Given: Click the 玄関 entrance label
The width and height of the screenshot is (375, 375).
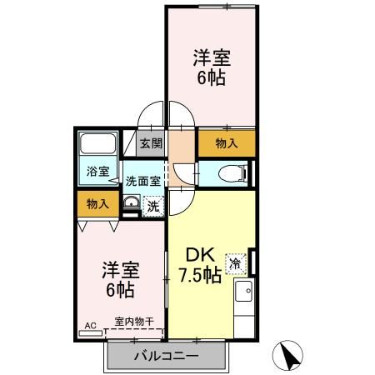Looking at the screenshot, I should (150, 143).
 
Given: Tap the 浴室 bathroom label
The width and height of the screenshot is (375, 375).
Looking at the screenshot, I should (97, 172).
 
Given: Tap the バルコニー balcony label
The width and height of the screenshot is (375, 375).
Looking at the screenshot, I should (167, 357).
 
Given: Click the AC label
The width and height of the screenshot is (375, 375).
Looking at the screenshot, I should (91, 325).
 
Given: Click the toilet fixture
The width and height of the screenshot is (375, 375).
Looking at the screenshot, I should (233, 173).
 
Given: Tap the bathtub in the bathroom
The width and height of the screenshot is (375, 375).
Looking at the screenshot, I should (98, 147).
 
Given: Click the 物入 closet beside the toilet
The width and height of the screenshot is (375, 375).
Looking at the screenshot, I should (227, 143).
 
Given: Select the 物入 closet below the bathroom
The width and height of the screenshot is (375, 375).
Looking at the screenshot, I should (97, 204).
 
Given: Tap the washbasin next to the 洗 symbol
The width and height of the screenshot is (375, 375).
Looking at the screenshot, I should (131, 205).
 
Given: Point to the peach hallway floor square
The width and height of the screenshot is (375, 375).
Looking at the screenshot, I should (181, 143).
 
